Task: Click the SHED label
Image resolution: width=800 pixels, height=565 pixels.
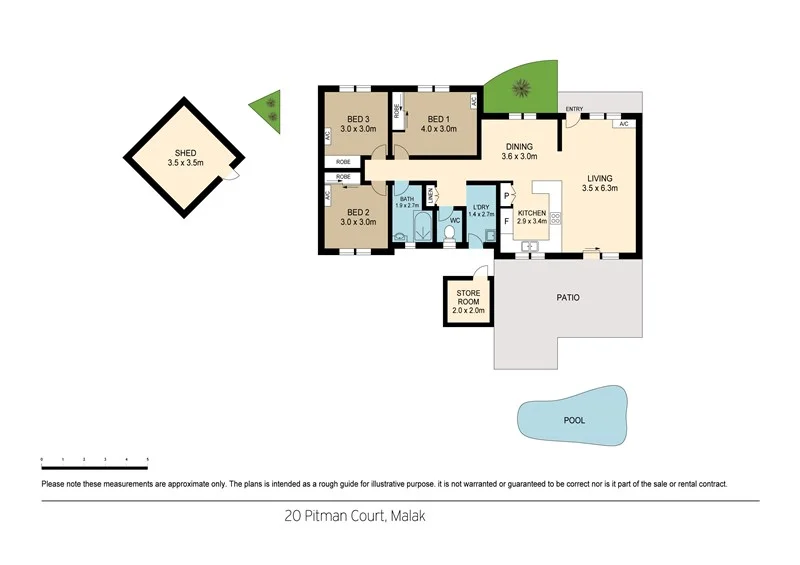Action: (x=182, y=153)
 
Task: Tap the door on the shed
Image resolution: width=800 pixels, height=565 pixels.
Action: (x=231, y=175)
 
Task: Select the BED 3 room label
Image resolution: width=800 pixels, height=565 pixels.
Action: (x=358, y=117)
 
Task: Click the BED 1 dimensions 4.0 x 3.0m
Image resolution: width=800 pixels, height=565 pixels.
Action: (x=436, y=129)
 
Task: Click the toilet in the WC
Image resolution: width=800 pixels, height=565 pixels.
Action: (x=449, y=233)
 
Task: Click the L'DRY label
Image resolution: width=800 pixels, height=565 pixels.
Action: (x=481, y=205)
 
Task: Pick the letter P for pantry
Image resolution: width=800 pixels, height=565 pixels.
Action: (x=507, y=197)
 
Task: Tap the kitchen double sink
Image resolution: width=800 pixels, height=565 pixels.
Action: (x=533, y=245)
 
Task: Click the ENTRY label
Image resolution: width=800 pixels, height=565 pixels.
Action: (x=574, y=108)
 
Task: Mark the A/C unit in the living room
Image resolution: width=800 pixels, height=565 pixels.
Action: (x=622, y=122)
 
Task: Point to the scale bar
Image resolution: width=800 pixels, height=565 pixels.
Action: (x=95, y=461)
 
